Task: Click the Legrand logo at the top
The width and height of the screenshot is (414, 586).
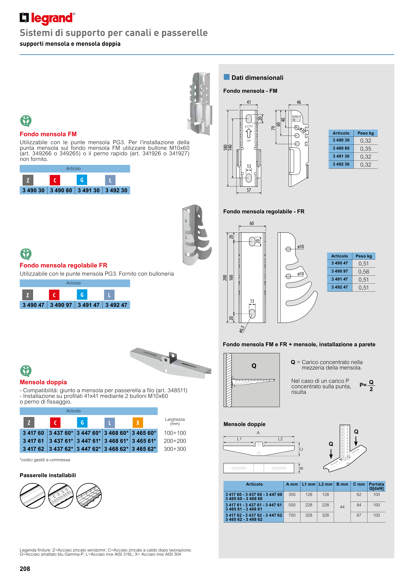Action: click(x=47, y=18)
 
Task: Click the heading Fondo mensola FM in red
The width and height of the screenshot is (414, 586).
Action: click(x=48, y=134)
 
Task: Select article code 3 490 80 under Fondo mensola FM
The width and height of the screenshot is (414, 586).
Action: click(x=61, y=190)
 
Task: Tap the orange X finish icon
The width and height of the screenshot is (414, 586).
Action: click(x=138, y=423)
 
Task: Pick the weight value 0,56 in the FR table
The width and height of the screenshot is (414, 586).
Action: click(x=363, y=272)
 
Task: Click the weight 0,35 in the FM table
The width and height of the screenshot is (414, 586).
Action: click(x=366, y=149)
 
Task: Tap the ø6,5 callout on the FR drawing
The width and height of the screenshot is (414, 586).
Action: click(x=242, y=329)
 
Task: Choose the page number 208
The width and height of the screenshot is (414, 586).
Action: click(x=25, y=569)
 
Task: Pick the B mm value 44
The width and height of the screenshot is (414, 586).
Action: click(x=342, y=507)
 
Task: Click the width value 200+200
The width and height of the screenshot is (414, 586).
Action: click(x=175, y=441)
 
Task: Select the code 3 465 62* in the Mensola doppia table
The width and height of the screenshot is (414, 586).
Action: click(x=144, y=449)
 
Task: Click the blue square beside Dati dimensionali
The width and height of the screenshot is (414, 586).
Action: click(x=226, y=77)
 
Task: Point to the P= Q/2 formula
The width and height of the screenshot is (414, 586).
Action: click(x=367, y=385)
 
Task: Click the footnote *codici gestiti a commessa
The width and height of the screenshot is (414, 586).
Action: click(x=45, y=460)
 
